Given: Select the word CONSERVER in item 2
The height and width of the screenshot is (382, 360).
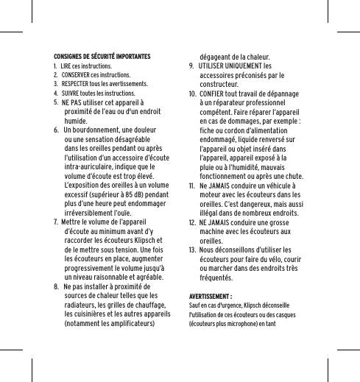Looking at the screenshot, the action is (75, 75).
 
